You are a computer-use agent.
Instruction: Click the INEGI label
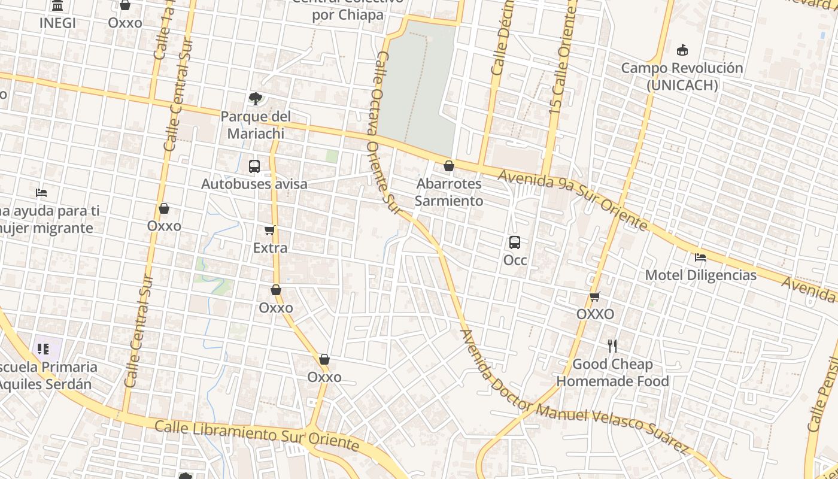tap(57, 23)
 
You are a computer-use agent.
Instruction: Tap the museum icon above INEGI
tap(57, 5)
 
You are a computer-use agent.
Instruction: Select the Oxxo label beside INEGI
tap(125, 23)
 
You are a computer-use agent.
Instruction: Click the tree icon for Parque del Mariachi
tap(256, 98)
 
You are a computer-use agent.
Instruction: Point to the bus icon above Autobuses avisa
tap(254, 166)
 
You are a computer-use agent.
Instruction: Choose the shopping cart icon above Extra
tap(270, 230)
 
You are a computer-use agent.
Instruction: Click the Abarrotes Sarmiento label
tap(449, 192)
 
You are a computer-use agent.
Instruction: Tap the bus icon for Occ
tap(515, 242)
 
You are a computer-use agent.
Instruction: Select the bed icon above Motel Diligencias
tap(700, 257)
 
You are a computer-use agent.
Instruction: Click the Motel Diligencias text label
tap(700, 275)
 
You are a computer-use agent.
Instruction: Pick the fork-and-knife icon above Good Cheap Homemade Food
tap(612, 346)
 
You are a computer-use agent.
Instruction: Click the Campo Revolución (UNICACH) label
tap(682, 77)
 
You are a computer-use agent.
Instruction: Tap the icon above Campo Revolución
tap(682, 50)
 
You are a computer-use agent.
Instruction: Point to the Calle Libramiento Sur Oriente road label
tap(257, 435)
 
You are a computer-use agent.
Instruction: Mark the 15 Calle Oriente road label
tap(563, 60)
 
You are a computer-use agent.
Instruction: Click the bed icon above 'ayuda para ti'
tap(41, 193)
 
